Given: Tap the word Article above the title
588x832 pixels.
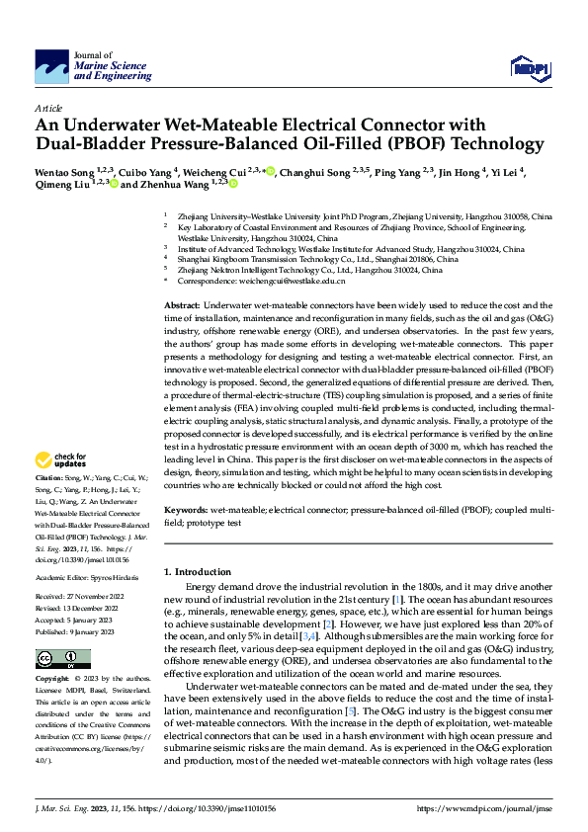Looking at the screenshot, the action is pyautogui.click(x=48, y=107).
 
